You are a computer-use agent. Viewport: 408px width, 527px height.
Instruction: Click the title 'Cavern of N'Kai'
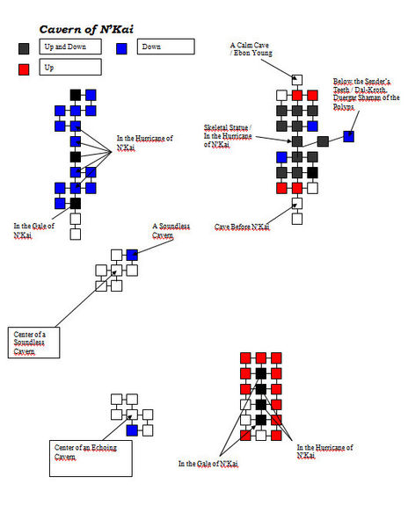coord(86,30)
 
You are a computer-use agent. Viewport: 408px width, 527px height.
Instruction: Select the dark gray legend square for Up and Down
coord(24,48)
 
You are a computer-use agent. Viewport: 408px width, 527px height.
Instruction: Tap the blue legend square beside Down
coord(121,48)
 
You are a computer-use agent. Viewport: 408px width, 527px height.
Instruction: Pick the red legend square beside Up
coord(24,69)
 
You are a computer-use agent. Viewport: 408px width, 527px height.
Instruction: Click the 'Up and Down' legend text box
coord(70,47)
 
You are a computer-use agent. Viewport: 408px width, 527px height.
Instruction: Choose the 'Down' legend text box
coord(166,47)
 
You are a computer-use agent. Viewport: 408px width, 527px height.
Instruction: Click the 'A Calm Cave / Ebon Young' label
coord(251,49)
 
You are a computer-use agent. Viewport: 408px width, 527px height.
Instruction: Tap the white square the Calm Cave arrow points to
coord(297,80)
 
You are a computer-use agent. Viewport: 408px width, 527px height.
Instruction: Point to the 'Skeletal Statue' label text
coord(228,127)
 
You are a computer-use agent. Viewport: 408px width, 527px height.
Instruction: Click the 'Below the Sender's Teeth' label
coord(366,94)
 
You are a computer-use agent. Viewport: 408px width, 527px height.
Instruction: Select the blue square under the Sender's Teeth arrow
coord(349,136)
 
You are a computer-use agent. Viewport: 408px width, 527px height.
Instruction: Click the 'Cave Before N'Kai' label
coord(242,227)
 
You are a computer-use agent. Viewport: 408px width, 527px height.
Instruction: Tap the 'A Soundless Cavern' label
coord(171,230)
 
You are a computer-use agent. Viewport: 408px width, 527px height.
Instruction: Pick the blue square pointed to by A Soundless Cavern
coord(132,255)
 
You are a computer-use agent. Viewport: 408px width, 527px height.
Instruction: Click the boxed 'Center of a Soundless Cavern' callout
coord(34,343)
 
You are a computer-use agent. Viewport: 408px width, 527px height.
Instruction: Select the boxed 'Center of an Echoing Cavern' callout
coord(91,458)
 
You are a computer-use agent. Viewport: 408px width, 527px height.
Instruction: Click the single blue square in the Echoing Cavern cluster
coord(132,430)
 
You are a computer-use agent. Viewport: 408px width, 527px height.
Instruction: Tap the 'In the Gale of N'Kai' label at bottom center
coord(208,464)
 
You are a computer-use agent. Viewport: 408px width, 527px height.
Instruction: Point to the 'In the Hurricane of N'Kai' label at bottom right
coord(324,451)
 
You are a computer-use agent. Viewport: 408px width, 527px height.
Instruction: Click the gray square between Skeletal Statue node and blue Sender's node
coord(323,141)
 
